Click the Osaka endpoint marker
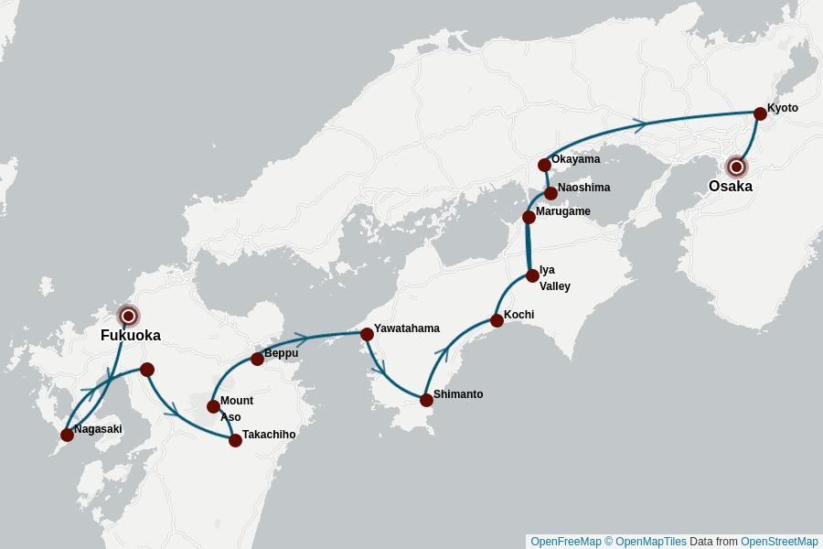point(736,167)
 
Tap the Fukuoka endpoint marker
point(129,316)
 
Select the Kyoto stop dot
point(760,113)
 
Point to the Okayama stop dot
point(544,165)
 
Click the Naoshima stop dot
point(550,193)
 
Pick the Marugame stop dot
point(529,217)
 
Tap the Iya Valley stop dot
point(532,275)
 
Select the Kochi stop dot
point(497,320)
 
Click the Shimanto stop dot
point(426,400)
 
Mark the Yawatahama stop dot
point(367,334)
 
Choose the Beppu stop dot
point(257,359)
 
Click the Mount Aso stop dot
point(213,406)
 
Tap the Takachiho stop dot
point(235,440)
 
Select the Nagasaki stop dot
point(67,435)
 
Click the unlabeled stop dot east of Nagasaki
point(147,370)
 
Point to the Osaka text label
point(731,187)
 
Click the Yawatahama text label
point(406,328)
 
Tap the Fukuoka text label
point(131,336)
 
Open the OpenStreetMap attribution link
point(779,542)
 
